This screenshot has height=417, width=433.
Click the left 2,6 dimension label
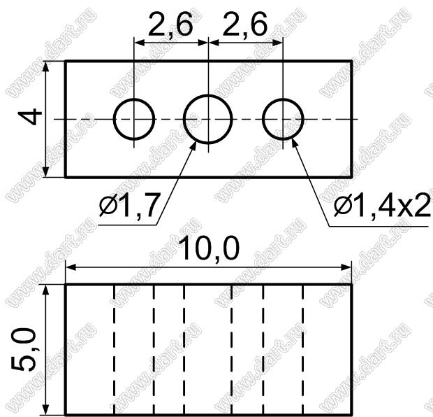(170, 25)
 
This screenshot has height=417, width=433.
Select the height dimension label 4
(30, 117)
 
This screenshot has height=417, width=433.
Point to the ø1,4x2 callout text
(382, 205)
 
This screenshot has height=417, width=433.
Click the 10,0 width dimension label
(209, 249)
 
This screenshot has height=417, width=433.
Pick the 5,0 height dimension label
(24, 349)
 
